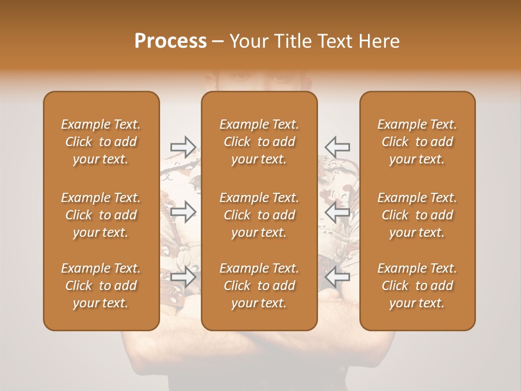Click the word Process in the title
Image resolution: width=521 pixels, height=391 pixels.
click(170, 41)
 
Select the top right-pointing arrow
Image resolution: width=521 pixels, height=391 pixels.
click(183, 147)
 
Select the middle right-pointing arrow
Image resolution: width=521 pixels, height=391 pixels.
click(183, 212)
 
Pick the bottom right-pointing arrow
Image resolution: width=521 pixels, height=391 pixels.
click(183, 276)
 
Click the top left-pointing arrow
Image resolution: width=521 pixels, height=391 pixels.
click(337, 147)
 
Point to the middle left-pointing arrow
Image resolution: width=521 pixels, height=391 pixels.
click(337, 212)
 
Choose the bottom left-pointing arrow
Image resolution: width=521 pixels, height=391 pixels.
click(337, 276)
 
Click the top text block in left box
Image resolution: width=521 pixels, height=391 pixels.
click(101, 142)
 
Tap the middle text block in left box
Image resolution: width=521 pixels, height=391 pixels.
click(101, 215)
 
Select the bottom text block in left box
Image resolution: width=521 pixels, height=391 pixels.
click(101, 286)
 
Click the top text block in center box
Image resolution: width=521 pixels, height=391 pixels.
click(259, 142)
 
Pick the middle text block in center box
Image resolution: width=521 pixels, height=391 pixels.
click(259, 215)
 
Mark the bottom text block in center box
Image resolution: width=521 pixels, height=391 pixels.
click(259, 286)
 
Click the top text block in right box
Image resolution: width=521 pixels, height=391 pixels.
click(417, 142)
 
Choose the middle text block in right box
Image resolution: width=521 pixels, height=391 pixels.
click(417, 215)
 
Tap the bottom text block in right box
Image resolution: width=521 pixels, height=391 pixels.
click(417, 286)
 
